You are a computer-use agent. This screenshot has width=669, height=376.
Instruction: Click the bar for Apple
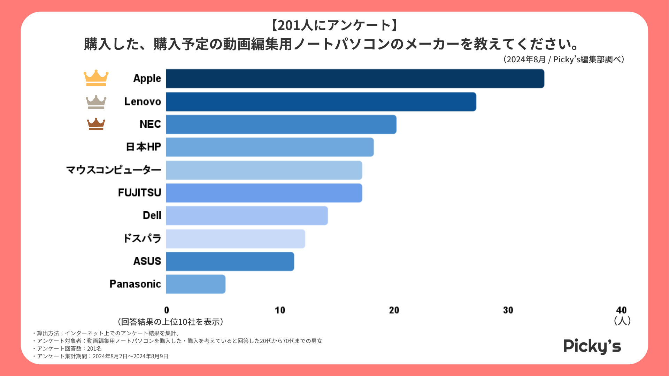pos(355,79)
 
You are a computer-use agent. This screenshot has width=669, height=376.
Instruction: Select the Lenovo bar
pos(321,102)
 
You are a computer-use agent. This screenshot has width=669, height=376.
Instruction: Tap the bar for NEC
pos(281,124)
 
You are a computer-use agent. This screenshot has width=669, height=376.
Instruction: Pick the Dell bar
pos(247,216)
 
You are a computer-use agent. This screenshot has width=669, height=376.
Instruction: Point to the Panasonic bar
pos(195,284)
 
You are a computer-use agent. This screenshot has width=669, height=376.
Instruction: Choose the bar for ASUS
pos(230,261)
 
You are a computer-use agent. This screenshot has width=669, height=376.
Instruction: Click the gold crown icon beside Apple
pos(96,78)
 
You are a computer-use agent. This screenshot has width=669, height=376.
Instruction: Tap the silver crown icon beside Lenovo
pos(96,102)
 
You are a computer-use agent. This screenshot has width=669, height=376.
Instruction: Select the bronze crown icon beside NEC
pos(96,124)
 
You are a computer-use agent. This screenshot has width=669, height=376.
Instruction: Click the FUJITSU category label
pos(139,193)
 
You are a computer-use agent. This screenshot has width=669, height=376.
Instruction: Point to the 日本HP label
pos(143,147)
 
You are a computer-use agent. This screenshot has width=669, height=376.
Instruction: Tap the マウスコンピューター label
pos(114,170)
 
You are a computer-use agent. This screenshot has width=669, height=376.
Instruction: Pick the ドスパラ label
pos(142,238)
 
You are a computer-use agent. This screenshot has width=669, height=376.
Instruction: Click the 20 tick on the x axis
pos(394,310)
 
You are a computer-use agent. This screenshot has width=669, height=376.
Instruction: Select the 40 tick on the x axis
pos(621,310)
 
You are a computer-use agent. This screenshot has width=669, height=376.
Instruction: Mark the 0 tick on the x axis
pos(167,310)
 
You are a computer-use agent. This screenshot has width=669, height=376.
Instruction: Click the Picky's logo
pos(592,346)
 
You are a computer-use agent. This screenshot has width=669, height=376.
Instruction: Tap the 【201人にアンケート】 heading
pos(334,25)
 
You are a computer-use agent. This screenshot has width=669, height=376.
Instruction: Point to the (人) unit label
pos(622,321)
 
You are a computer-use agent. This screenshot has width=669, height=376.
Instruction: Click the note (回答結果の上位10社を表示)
pos(171,322)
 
